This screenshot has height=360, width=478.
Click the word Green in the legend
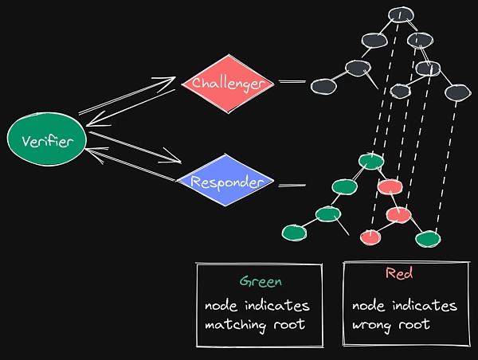(261, 281)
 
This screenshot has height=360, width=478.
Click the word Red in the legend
(398, 273)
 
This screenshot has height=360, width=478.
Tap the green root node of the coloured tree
(371, 162)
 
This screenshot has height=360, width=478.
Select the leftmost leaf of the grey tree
(322, 85)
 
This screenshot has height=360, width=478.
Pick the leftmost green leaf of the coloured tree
(294, 232)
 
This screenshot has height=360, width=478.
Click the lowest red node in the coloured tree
(369, 237)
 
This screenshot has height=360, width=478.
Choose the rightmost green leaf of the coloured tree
(428, 237)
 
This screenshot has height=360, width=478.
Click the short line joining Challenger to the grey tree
(292, 81)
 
